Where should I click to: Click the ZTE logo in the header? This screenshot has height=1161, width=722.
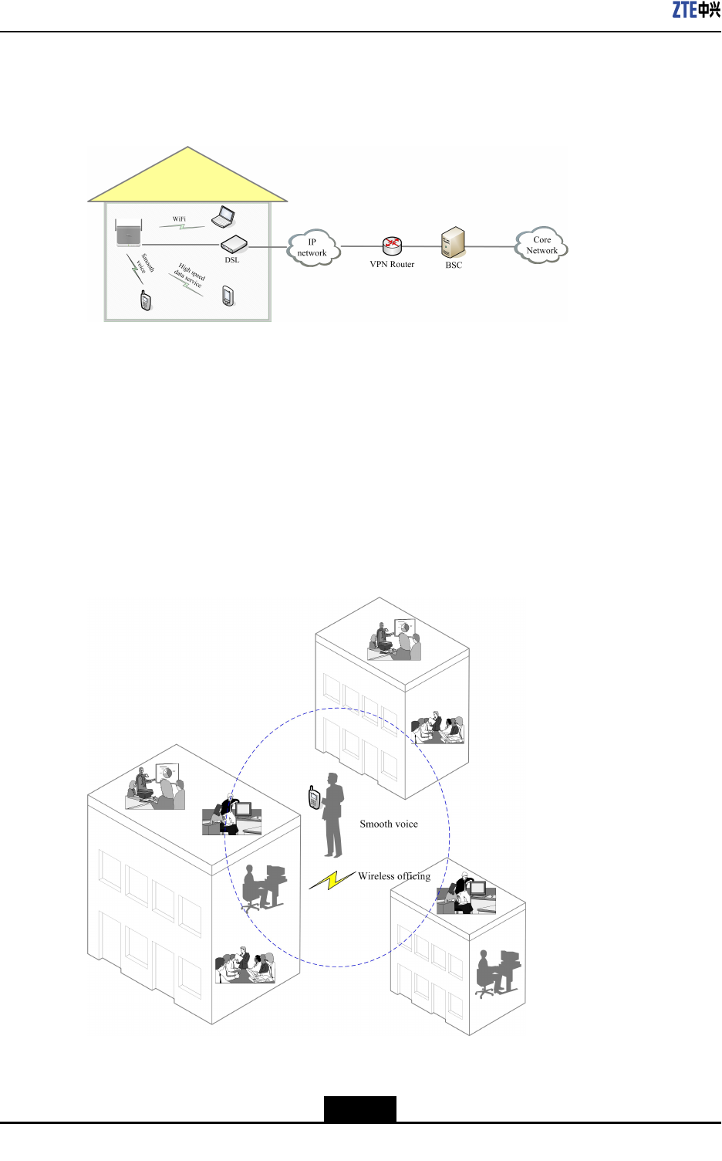[696, 10]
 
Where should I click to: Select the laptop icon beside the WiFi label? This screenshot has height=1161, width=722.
[224, 217]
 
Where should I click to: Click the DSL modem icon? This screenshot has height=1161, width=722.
[234, 245]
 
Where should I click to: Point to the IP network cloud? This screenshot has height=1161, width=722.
[312, 248]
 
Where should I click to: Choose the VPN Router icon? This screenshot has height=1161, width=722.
[392, 246]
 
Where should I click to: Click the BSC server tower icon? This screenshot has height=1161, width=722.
[453, 242]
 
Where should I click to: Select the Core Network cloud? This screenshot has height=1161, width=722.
[541, 245]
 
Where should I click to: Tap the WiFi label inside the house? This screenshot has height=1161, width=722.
[179, 219]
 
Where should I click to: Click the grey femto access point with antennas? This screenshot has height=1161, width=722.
[129, 233]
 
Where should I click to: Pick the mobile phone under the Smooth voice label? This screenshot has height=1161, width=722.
[146, 300]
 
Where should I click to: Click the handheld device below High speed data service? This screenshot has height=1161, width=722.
[228, 296]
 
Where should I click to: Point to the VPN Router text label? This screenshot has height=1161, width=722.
[392, 265]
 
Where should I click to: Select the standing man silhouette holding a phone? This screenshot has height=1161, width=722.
[333, 815]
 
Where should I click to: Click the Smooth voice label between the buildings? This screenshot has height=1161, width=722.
[389, 824]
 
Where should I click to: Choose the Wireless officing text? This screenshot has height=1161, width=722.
[394, 876]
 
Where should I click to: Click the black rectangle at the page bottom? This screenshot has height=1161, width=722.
[359, 1109]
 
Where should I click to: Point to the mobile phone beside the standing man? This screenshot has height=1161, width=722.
[314, 797]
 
